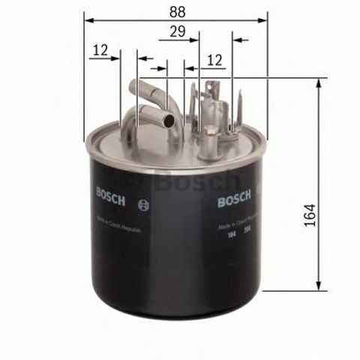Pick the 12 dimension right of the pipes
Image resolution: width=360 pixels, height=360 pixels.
(x=215, y=58)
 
